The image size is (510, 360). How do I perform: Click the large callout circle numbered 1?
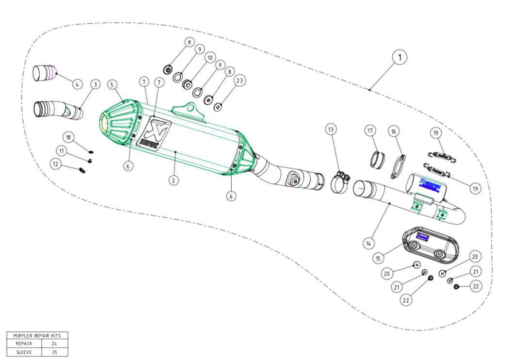pyautogui.click(x=399, y=58)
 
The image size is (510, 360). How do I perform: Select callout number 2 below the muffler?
pyautogui.click(x=174, y=180)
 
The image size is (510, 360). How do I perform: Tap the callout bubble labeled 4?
pyautogui.click(x=77, y=84)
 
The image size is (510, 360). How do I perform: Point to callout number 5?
pyautogui.click(x=112, y=84)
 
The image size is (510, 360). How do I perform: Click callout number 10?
pyautogui.click(x=209, y=58)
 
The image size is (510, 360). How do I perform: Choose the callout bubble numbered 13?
pyautogui.click(x=331, y=130)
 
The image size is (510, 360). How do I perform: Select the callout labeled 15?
pyautogui.click(x=378, y=258)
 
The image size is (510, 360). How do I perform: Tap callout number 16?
pyautogui.click(x=393, y=131)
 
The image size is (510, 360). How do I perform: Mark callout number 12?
pyautogui.click(x=56, y=164)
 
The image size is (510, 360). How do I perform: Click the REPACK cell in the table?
pyautogui.click(x=24, y=344)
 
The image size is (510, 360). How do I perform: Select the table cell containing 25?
pyautogui.click(x=54, y=352)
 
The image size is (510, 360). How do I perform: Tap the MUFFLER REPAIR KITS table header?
pyautogui.click(x=37, y=335)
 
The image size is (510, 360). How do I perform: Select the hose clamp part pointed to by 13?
pyautogui.click(x=341, y=182)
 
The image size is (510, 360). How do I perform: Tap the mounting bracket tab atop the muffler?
pyautogui.click(x=191, y=108)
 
